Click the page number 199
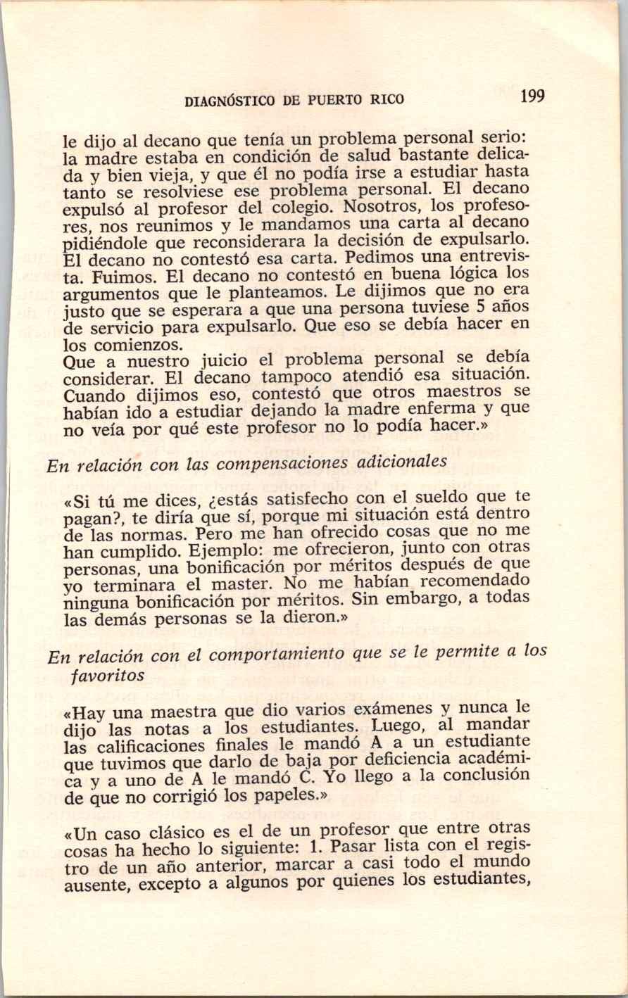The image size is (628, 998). click(533, 96)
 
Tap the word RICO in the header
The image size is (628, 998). click(388, 99)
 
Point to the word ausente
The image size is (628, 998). click(96, 886)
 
